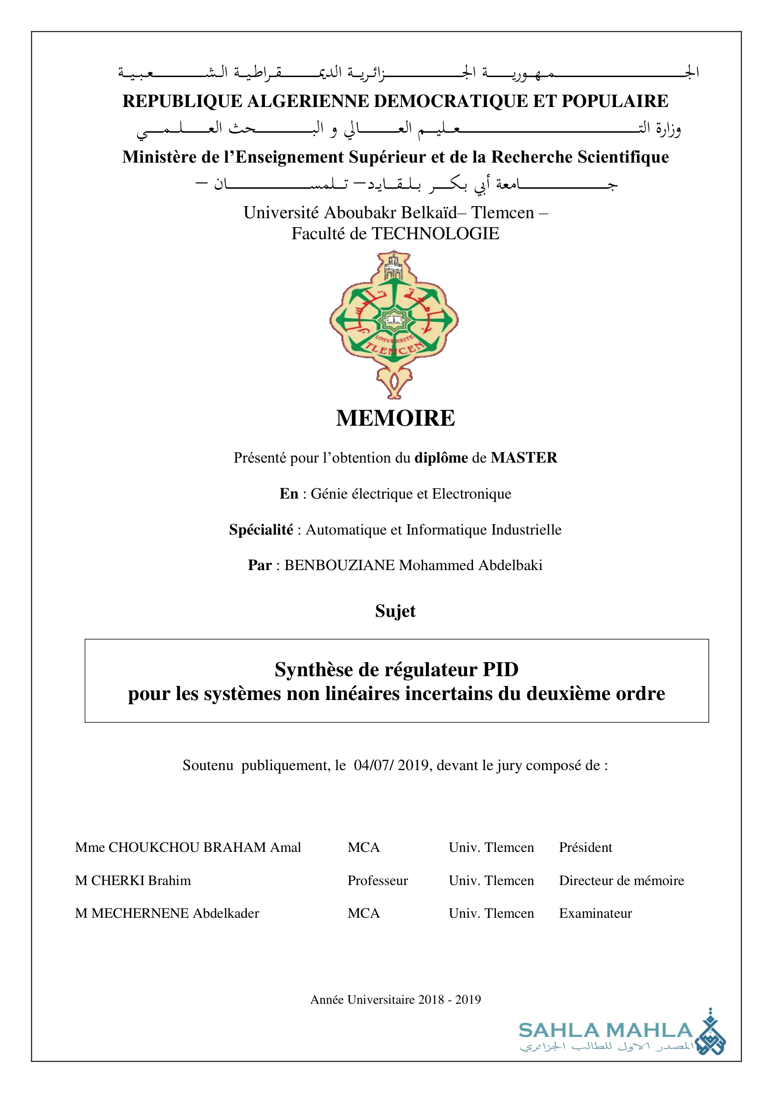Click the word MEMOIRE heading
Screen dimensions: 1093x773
pyautogui.click(x=395, y=418)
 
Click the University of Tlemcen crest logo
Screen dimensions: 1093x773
pyautogui.click(x=394, y=324)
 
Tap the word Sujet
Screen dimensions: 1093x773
pyautogui.click(x=395, y=611)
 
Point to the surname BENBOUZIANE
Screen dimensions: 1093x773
pyautogui.click(x=339, y=565)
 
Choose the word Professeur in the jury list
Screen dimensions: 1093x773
pyautogui.click(x=378, y=880)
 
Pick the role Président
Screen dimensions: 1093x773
pyautogui.click(x=586, y=847)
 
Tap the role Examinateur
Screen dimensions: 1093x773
pyautogui.click(x=595, y=913)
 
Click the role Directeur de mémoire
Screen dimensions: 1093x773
pyautogui.click(x=621, y=880)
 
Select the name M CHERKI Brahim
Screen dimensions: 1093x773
pyautogui.click(x=133, y=880)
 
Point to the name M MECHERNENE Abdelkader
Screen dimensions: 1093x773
pyautogui.click(x=167, y=913)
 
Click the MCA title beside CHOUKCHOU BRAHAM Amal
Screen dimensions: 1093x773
pyautogui.click(x=364, y=847)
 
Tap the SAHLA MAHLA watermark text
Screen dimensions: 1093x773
pyautogui.click(x=605, y=1031)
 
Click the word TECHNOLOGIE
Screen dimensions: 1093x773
pyautogui.click(x=435, y=234)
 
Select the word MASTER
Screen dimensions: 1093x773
pyautogui.click(x=523, y=457)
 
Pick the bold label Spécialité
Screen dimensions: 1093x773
pyautogui.click(x=261, y=529)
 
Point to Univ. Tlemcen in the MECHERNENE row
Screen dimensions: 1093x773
pyautogui.click(x=491, y=913)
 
